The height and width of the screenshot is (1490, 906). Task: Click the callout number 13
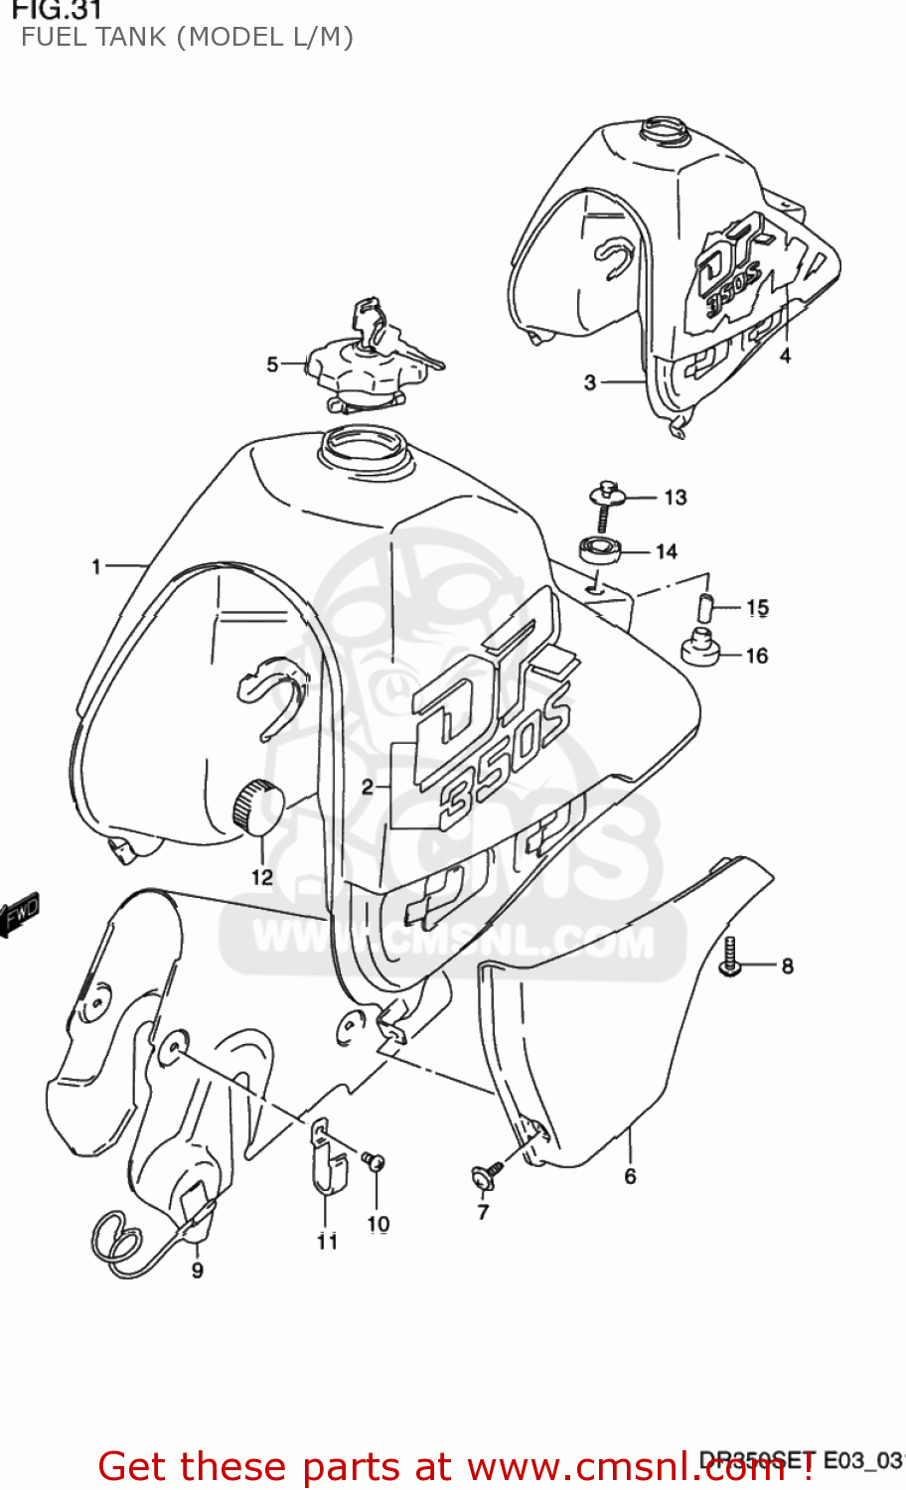tap(676, 498)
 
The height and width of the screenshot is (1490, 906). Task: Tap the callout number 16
tap(757, 656)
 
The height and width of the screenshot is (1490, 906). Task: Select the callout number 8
tap(787, 966)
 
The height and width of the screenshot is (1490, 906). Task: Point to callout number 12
tap(261, 877)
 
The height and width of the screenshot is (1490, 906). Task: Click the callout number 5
tap(272, 365)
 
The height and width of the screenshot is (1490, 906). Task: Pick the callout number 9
tap(198, 1270)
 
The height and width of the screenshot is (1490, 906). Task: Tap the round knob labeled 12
tap(257, 806)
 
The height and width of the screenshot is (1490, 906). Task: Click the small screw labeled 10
tap(374, 1160)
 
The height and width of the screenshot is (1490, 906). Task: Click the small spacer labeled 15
tap(704, 607)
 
